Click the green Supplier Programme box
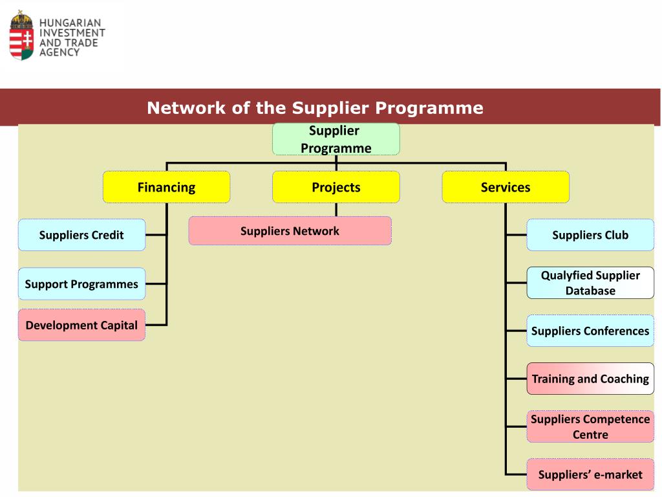tap(336, 139)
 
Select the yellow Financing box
tap(166, 187)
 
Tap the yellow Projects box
tap(336, 187)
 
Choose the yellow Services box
tap(506, 187)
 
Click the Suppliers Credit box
tap(81, 235)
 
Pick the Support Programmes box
tap(81, 283)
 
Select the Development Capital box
tap(81, 325)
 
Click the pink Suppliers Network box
tap(290, 231)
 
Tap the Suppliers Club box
tap(590, 235)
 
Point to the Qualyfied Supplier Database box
tap(590, 283)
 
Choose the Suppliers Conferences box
tap(590, 331)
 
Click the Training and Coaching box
tap(590, 379)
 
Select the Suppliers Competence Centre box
tap(590, 426)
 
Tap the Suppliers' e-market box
tap(590, 474)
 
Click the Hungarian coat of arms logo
tap(21, 36)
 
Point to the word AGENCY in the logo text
tap(59, 52)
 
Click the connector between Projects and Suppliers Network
tap(336, 210)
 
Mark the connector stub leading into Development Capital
tap(156, 325)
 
